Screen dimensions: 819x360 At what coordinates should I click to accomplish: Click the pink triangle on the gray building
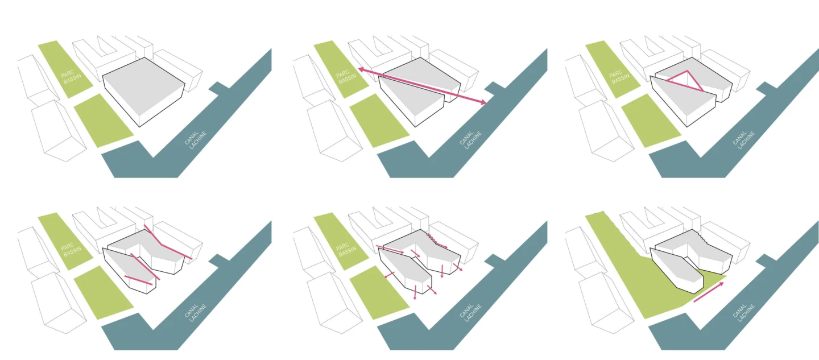(x=685, y=81)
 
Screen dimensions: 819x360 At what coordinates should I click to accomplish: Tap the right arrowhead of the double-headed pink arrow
(x=483, y=102)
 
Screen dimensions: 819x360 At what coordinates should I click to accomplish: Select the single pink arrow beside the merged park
(x=709, y=292)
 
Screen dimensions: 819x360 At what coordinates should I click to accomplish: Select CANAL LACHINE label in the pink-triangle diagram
(x=743, y=140)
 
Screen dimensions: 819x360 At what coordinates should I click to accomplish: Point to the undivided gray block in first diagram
(x=144, y=92)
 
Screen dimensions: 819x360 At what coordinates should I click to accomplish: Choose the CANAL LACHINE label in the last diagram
(x=743, y=312)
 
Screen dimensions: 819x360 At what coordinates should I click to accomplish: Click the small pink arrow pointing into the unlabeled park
(x=390, y=275)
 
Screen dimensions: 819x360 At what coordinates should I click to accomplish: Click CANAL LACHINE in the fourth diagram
(x=196, y=312)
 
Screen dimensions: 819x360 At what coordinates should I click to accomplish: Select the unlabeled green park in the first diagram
(x=104, y=121)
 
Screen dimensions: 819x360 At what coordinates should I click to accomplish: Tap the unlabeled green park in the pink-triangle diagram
(x=651, y=121)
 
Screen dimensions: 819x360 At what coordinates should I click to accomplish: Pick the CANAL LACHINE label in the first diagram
(x=196, y=140)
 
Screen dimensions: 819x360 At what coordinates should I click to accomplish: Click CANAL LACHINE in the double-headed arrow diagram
(x=471, y=140)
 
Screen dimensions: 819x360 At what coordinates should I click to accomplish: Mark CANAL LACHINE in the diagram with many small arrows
(x=471, y=312)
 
